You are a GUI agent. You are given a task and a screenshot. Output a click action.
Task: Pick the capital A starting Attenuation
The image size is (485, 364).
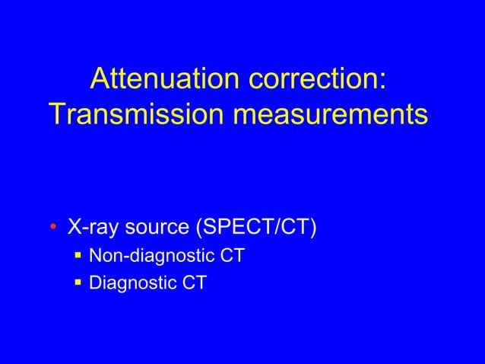(x=100, y=78)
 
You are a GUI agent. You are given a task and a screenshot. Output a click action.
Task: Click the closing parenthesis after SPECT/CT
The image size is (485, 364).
(x=312, y=227)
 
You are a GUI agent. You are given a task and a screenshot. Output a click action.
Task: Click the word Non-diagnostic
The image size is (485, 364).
(x=151, y=256)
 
